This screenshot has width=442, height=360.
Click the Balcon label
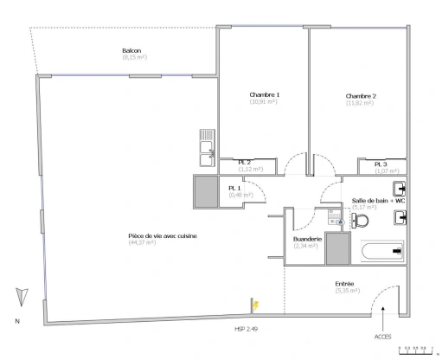[132, 51]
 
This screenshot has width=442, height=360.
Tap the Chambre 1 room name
[264, 94]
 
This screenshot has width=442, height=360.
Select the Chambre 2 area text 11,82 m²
[360, 103]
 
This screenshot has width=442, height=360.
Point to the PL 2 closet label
[245, 163]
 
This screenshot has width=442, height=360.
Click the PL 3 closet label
[381, 164]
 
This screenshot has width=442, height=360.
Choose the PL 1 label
[234, 188]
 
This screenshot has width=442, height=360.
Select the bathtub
[380, 251]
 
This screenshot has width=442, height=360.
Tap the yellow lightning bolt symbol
[257, 304]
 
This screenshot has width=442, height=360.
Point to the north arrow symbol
[18, 297]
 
